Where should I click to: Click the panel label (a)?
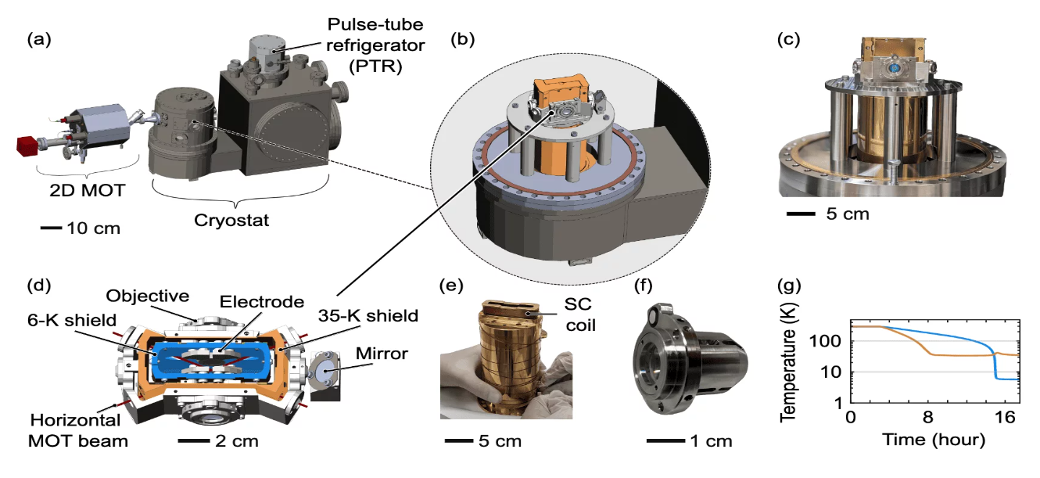pyautogui.click(x=39, y=39)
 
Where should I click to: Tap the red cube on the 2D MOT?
pyautogui.click(x=27, y=146)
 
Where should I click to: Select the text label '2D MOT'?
pyautogui.click(x=88, y=190)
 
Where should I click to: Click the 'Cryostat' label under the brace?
pyautogui.click(x=231, y=220)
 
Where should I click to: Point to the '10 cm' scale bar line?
pyautogui.click(x=51, y=228)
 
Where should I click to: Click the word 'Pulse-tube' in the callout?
pyautogui.click(x=375, y=24)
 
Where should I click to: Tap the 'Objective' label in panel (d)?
pyautogui.click(x=148, y=296)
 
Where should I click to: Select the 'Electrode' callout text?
pyautogui.click(x=262, y=302)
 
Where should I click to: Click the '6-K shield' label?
pyautogui.click(x=72, y=320)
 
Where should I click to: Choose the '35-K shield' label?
pyautogui.click(x=368, y=316)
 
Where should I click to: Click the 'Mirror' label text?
pyautogui.click(x=382, y=354)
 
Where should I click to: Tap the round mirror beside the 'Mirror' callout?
pyautogui.click(x=325, y=372)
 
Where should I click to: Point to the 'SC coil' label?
pyautogui.click(x=579, y=314)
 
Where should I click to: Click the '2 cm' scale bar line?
pyautogui.click(x=194, y=440)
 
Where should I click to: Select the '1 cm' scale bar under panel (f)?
pyautogui.click(x=665, y=440)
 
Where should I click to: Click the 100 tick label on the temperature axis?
pyautogui.click(x=825, y=341)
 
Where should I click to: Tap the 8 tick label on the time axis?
pyautogui.click(x=927, y=417)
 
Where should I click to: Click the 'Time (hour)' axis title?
pyautogui.click(x=934, y=440)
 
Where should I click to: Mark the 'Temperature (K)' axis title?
pyautogui.click(x=788, y=362)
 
